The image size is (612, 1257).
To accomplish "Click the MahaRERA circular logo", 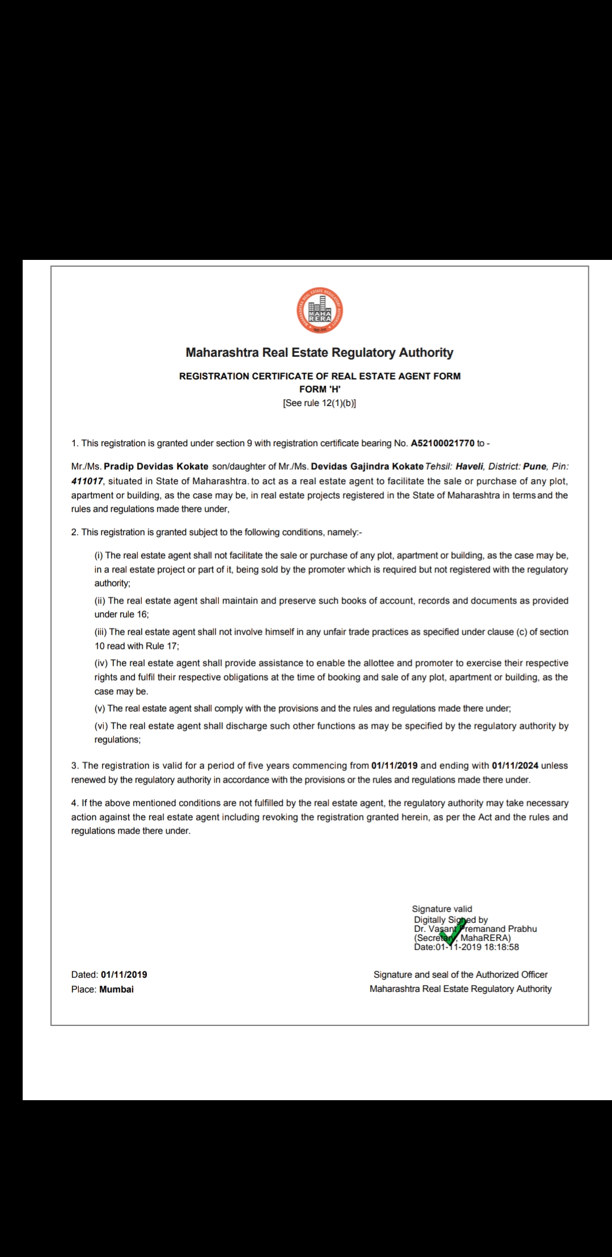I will point(320,311).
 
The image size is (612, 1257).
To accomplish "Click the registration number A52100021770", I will point(443,443).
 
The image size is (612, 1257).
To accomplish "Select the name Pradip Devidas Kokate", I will point(156,467).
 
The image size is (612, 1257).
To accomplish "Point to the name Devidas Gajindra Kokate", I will point(367,467).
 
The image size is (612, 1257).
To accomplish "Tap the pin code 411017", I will point(87,481).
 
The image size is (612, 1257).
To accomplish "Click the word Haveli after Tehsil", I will point(470,467).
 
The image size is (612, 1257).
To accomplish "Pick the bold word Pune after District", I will point(535,467).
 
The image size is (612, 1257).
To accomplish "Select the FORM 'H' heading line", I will point(320,389).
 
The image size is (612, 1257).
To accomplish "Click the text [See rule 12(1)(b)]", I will point(320,403).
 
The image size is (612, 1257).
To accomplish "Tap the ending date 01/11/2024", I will point(515,766).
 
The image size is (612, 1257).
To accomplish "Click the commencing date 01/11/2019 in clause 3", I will point(394,766).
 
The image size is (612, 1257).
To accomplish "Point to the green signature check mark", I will point(453,931).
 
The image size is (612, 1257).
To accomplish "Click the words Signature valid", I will point(442,909).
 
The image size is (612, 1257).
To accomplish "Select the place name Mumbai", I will point(117,989).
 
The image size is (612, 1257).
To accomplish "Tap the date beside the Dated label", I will point(124,974).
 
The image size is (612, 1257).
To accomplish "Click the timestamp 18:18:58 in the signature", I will point(501,947).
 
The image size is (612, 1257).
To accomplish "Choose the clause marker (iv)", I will point(101,663).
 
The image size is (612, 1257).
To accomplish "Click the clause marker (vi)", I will point(101,726).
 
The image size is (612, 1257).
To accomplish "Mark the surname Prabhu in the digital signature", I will point(522,929).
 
